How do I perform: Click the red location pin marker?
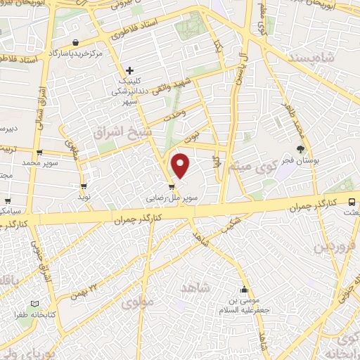(181, 165)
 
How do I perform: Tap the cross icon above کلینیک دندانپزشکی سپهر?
(130, 70)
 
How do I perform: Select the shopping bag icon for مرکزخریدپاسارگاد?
(75, 43)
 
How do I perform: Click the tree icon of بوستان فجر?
(301, 149)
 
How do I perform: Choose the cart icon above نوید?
(84, 187)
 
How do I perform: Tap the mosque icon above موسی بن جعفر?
(244, 290)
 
